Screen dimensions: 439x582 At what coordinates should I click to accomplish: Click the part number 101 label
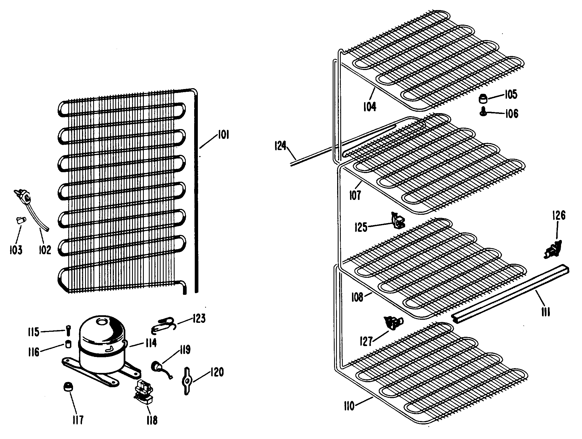223,136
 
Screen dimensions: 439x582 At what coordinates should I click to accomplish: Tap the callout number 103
16,250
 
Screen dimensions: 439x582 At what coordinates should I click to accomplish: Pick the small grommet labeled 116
68,344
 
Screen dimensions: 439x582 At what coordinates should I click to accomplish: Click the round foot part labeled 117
68,387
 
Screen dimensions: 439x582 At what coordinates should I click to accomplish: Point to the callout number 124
280,146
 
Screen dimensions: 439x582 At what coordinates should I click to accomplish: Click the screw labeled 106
484,112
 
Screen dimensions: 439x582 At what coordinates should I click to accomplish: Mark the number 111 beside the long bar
546,311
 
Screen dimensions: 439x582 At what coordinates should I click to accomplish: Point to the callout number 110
350,406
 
